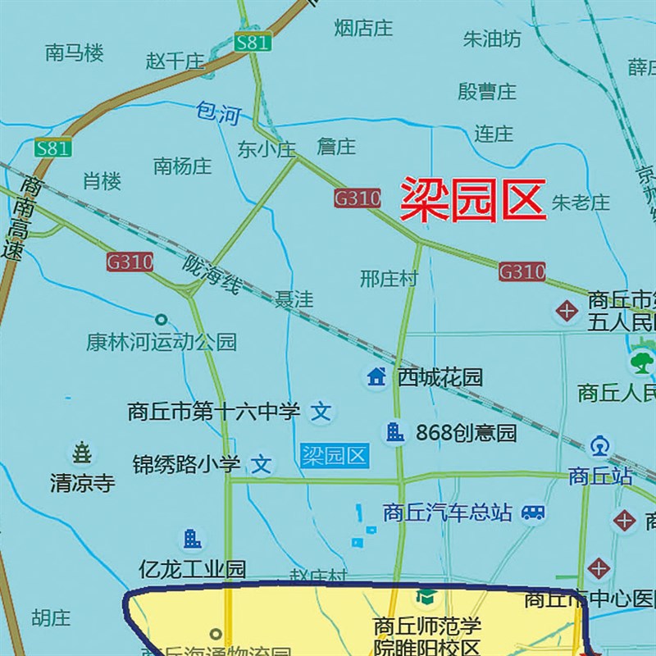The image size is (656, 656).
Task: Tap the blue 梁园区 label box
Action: coord(334,456)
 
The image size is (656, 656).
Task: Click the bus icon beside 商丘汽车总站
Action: coord(534,512)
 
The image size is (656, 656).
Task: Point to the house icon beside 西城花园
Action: coord(376,377)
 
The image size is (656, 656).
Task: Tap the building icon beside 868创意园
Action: coord(395,432)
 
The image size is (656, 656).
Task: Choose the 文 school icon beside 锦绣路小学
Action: coord(262,465)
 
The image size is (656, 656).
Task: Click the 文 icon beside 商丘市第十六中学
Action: coord(323,410)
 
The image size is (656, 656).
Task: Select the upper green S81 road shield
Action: coord(251,43)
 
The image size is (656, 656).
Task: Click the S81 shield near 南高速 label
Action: coord(52,149)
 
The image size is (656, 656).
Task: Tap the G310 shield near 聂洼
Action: coord(130,262)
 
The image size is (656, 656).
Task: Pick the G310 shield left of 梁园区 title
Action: coord(357,198)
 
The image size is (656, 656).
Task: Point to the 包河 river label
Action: coord(217,113)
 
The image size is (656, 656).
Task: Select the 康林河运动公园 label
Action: coord(161,341)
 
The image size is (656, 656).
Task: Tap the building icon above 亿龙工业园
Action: coord(192,539)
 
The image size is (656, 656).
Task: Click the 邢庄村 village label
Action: coord(389,279)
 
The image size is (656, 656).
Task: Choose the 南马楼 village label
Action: coord(75,54)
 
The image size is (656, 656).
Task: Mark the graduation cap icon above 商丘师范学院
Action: coord(425,596)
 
